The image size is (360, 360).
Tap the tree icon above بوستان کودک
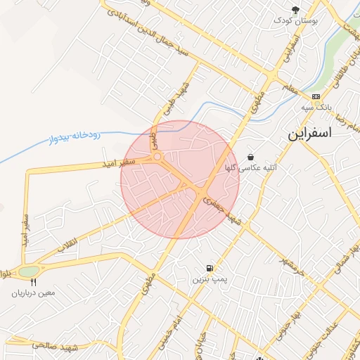(x=296, y=10)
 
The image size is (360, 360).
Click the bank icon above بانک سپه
(x=316, y=97)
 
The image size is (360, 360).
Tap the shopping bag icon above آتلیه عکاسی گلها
(x=251, y=157)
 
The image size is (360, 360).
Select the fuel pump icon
(x=210, y=268)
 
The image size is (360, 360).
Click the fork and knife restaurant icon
(x=32, y=281)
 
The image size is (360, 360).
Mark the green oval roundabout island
(x=29, y=271)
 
